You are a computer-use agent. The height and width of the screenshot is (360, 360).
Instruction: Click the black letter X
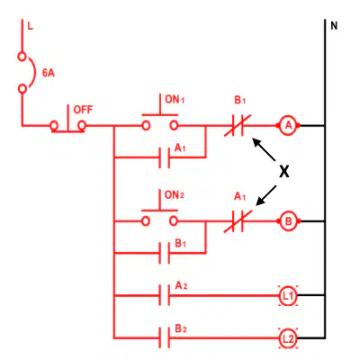pos(284,172)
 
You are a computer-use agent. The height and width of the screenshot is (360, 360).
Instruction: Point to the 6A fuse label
pos(49,73)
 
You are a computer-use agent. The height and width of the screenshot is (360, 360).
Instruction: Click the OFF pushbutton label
pos(83,110)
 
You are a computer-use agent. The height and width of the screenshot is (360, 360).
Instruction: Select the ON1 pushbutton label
pos(175,99)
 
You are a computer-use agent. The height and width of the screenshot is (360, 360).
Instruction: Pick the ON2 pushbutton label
pos(174,195)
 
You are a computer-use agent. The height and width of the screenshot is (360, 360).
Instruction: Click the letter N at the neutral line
pos(334,26)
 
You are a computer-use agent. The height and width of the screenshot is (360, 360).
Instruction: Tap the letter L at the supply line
pos(30,26)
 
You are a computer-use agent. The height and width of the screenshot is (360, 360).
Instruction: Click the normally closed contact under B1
pos(238,126)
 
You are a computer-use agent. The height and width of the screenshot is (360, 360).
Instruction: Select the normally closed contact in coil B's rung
pos(238,221)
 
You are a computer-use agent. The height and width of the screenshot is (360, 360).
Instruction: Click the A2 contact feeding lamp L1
pos(164,296)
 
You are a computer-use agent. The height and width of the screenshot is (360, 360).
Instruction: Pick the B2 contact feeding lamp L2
pos(164,338)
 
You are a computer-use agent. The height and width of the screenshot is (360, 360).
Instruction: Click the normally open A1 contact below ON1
pos(164,157)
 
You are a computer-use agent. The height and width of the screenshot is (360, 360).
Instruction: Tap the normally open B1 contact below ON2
pos(164,253)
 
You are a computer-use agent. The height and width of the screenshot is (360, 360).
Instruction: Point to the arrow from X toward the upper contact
pos(264,149)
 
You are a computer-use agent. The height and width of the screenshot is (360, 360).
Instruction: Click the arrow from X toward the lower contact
pos(265,195)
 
